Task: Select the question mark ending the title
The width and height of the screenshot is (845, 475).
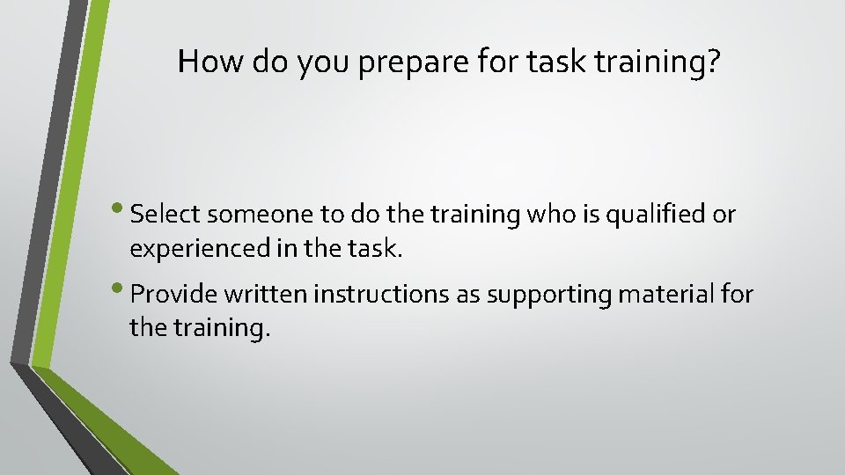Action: click(x=710, y=61)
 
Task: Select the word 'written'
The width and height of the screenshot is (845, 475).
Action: click(x=256, y=295)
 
